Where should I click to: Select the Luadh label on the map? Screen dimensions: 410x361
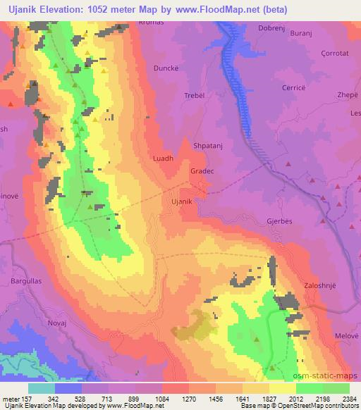click(x=163, y=159)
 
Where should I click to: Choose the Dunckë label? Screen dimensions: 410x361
click(x=166, y=68)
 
